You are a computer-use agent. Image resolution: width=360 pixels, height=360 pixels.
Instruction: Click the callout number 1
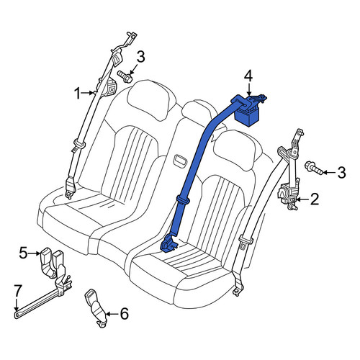tap(77, 94)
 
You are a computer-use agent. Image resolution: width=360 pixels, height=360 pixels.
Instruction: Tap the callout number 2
tap(314, 199)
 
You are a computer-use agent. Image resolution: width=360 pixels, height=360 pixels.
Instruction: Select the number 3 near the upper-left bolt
tap(140, 57)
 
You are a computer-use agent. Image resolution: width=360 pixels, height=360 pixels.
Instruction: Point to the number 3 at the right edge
tap(341, 172)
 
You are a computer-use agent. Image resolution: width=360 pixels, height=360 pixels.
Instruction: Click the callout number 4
tap(248, 76)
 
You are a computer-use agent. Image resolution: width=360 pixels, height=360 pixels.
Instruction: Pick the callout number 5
tap(24, 253)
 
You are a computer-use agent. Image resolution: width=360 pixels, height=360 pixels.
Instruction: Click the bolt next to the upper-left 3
tap(125, 76)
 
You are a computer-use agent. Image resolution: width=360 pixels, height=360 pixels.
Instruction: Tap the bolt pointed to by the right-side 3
tap(313, 168)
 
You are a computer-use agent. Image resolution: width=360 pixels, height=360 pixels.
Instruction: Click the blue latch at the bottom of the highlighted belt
tap(168, 244)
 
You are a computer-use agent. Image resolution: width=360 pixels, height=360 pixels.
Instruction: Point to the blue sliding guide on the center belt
tap(184, 199)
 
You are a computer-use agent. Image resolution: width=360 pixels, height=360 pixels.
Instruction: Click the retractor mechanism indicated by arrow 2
tap(288, 194)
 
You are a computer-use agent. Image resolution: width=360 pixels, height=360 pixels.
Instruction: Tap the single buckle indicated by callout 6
tap(96, 307)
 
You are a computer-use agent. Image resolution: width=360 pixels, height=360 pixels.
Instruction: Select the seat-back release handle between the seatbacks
tap(180, 160)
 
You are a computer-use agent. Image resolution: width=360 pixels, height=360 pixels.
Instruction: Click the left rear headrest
tap(152, 96)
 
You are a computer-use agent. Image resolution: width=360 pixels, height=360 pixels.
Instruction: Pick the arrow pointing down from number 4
tap(249, 89)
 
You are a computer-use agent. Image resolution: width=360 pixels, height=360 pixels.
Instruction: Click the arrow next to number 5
tap(35, 253)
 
